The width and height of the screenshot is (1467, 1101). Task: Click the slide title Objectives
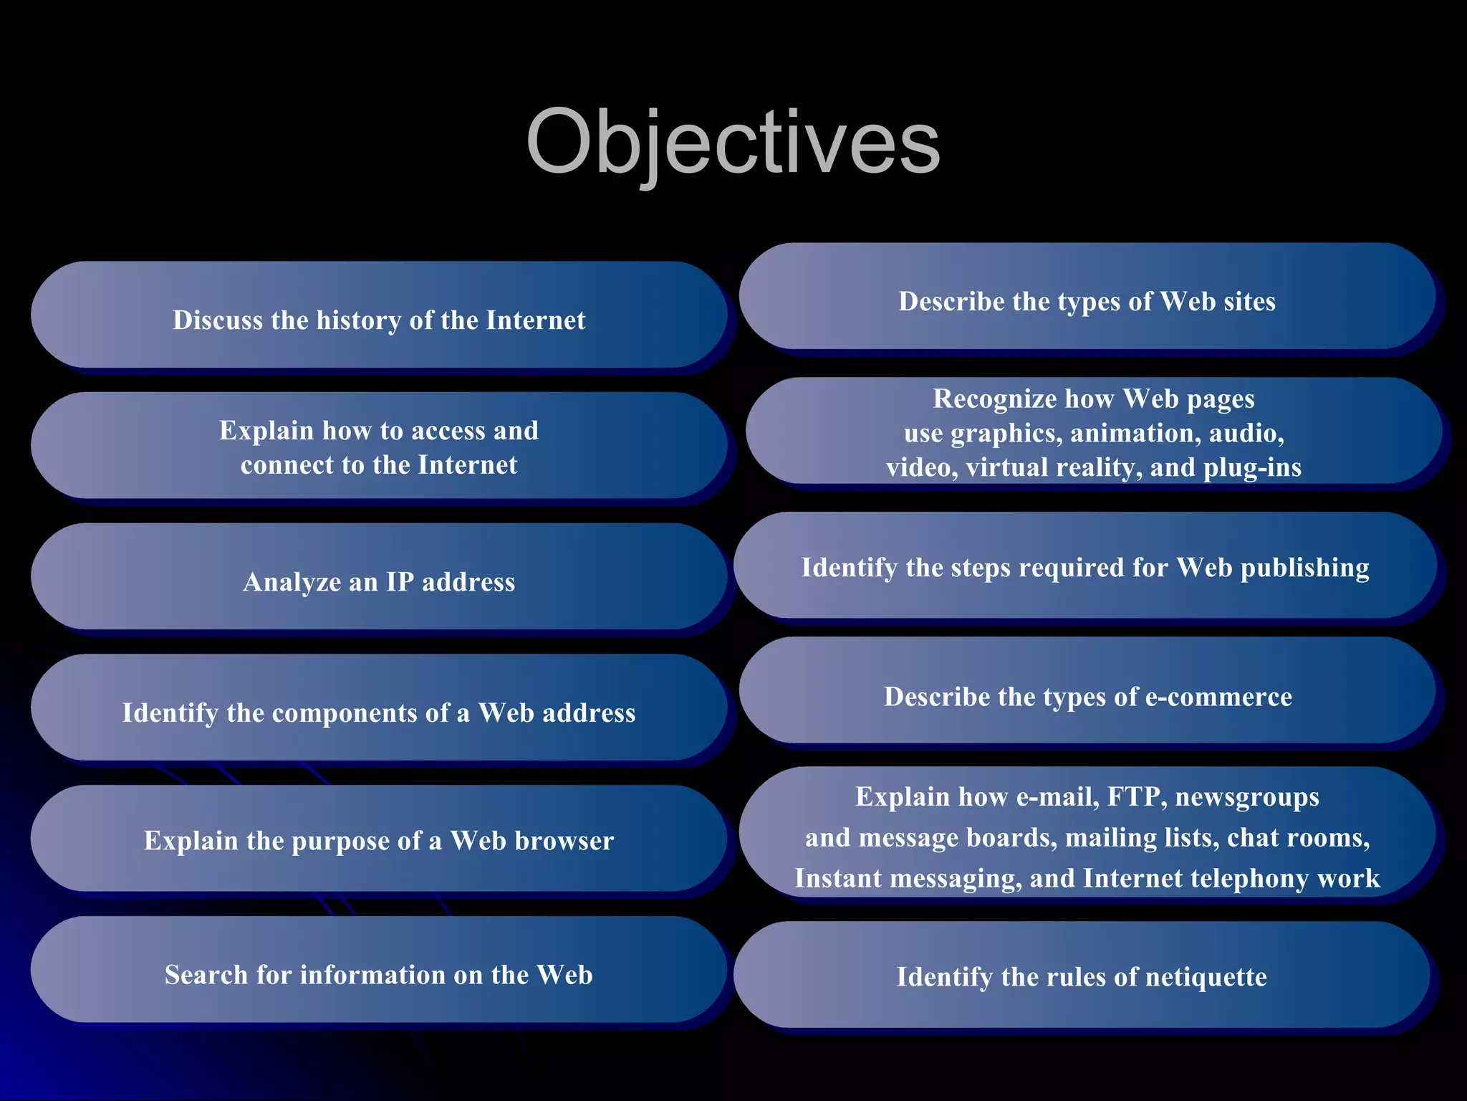coord(733,142)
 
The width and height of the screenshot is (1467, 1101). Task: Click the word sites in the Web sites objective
coord(1249,302)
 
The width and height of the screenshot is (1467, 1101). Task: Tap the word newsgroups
coord(1246,797)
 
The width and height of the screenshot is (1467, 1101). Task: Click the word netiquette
coord(1207,977)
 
